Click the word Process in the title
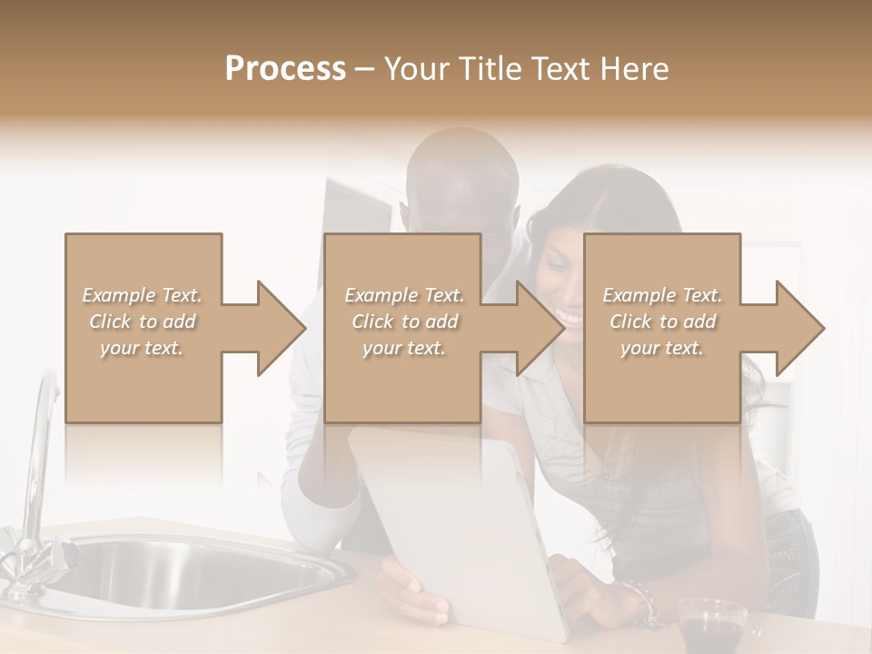click(285, 69)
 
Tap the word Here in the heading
click(635, 69)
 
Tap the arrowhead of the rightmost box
click(798, 328)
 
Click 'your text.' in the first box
click(141, 348)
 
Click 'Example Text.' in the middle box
click(403, 295)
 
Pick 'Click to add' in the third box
click(662, 322)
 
